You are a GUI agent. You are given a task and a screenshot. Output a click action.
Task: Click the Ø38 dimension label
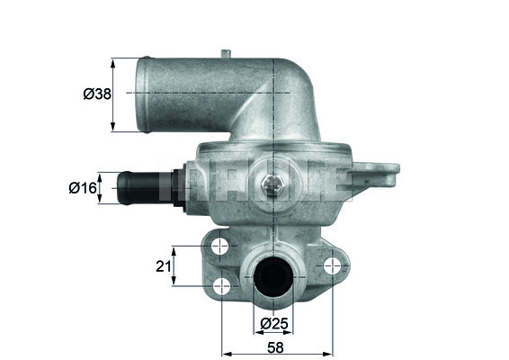click(97, 94)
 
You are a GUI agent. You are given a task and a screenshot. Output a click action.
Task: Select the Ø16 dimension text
click(83, 188)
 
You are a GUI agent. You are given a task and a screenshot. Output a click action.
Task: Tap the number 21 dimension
click(164, 266)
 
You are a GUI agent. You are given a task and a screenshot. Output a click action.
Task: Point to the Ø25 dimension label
click(274, 323)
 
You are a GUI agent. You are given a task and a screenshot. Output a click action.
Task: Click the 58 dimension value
click(275, 347)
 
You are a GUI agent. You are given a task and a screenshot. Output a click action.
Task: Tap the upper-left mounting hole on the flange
click(220, 247)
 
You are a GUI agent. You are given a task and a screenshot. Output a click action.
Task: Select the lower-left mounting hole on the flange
click(222, 286)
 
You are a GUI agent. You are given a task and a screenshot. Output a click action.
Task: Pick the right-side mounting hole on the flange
click(333, 265)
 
